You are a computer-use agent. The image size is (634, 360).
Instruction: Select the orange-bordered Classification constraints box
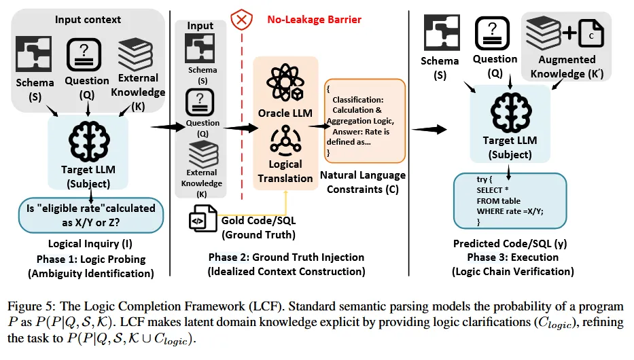coord(365,121)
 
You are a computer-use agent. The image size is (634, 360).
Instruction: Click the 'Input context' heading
coord(88,19)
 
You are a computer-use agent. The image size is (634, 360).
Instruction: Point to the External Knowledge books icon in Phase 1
coord(139,54)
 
